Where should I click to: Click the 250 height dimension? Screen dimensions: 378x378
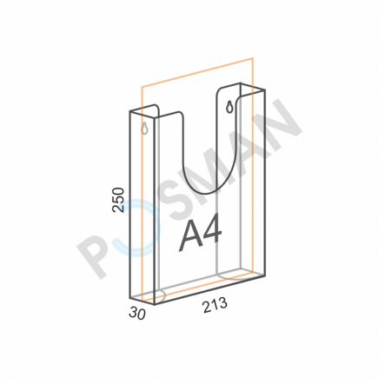pyautogui.click(x=118, y=200)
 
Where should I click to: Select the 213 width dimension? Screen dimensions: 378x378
pyautogui.click(x=216, y=305)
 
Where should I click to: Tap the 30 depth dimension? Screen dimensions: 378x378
pyautogui.click(x=137, y=314)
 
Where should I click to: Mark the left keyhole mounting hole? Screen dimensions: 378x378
pyautogui.click(x=145, y=129)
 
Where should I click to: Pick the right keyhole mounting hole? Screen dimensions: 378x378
pyautogui.click(x=230, y=107)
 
